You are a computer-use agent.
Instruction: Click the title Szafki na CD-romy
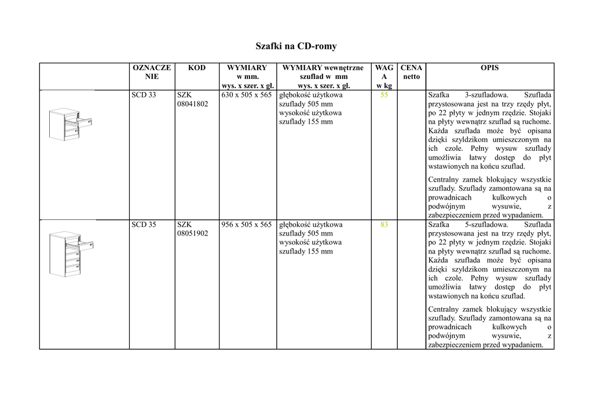[296, 46]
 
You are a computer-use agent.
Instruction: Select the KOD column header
[197, 68]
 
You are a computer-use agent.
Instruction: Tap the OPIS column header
[489, 68]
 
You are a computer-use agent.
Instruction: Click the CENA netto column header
[411, 72]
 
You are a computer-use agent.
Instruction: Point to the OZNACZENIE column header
[152, 72]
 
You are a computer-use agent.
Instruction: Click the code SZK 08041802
[192, 99]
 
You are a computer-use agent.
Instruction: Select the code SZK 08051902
[192, 229]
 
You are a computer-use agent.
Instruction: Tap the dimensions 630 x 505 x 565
[246, 95]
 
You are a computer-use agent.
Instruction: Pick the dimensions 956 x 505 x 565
[246, 225]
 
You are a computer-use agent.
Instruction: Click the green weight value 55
[384, 95]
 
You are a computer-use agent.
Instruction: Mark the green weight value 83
[384, 225]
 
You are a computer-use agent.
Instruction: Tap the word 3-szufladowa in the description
[486, 95]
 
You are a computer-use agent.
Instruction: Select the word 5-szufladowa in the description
[486, 225]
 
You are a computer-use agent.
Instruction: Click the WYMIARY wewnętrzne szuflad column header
[323, 77]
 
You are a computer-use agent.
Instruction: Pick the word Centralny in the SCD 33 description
[444, 180]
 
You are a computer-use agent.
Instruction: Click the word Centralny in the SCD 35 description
[444, 309]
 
